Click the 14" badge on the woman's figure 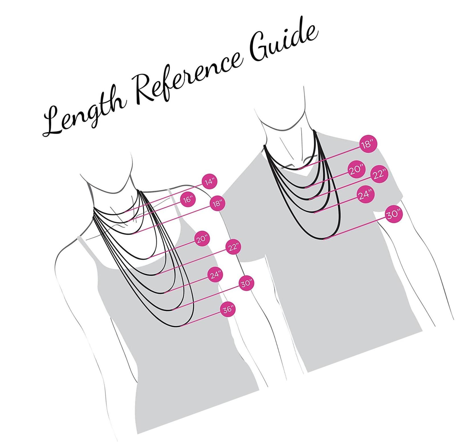[210, 182]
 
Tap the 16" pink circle [188, 200]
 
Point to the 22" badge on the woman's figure [233, 247]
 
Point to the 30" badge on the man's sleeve [394, 214]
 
